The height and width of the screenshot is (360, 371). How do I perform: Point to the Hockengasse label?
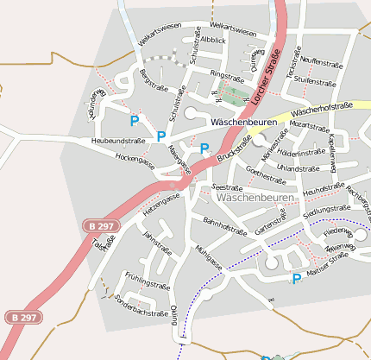coord(135,161)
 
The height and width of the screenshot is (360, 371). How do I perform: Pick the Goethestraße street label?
coord(266,175)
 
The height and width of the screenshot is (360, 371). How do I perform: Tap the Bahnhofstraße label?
coord(225,225)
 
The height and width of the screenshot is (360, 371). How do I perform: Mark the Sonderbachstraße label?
coord(141,306)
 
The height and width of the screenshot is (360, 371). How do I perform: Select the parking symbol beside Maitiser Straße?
coord(297,279)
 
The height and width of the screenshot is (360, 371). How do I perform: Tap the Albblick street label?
coord(214,41)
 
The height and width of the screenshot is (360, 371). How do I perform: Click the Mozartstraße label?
coord(310,126)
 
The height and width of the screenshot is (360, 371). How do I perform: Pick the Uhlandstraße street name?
coord(298,168)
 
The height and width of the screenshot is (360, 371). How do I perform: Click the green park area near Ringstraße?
coord(232,92)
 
